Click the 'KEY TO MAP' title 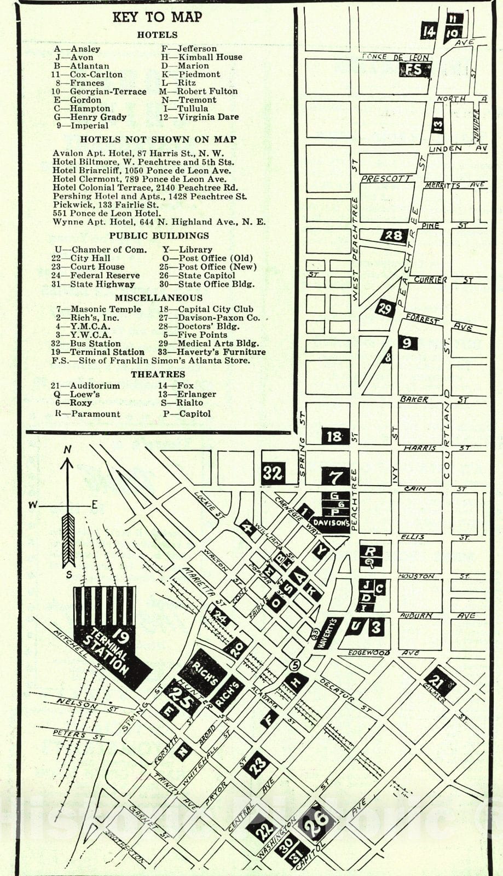(157, 17)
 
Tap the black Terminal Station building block (109, 641)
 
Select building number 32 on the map (273, 472)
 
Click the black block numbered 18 (334, 436)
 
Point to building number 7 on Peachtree (335, 476)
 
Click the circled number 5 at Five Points (294, 665)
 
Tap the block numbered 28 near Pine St (393, 235)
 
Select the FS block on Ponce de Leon (414, 70)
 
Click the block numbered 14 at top (428, 32)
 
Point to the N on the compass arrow (67, 449)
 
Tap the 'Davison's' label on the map (331, 523)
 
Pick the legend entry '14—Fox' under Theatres (176, 385)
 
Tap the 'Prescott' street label (386, 178)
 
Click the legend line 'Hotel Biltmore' (143, 162)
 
